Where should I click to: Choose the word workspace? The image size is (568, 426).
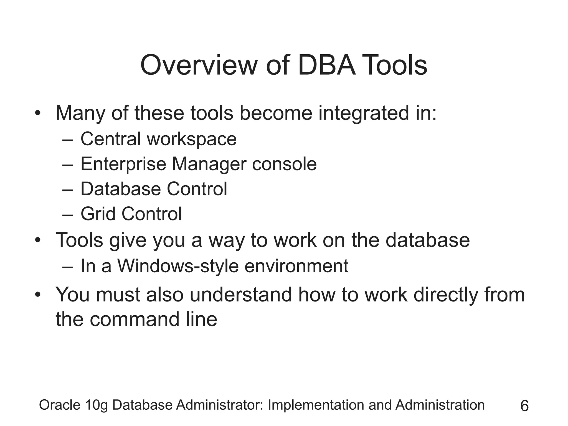192,139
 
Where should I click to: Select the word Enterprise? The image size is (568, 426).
123,164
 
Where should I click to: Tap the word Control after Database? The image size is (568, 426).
197,189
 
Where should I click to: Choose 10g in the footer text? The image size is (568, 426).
97,405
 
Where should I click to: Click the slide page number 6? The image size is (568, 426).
524,406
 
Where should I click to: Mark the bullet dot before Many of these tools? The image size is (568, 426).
38,114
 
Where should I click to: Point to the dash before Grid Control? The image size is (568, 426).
68,214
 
